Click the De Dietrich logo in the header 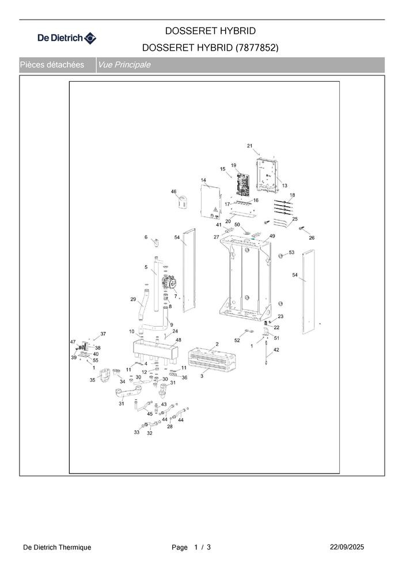[x=67, y=39]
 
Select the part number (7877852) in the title [x=257, y=48]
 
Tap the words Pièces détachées [x=52, y=65]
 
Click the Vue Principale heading [x=124, y=65]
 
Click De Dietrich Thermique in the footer [x=57, y=547]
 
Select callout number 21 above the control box [x=249, y=145]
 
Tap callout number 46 [x=173, y=191]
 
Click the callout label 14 [x=203, y=181]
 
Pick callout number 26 [x=312, y=237]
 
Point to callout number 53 [x=291, y=252]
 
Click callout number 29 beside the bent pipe [x=133, y=299]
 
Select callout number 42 [x=276, y=350]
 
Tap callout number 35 [x=92, y=380]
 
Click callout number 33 [x=136, y=431]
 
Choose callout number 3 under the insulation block [x=202, y=376]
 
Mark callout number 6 [x=146, y=237]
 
